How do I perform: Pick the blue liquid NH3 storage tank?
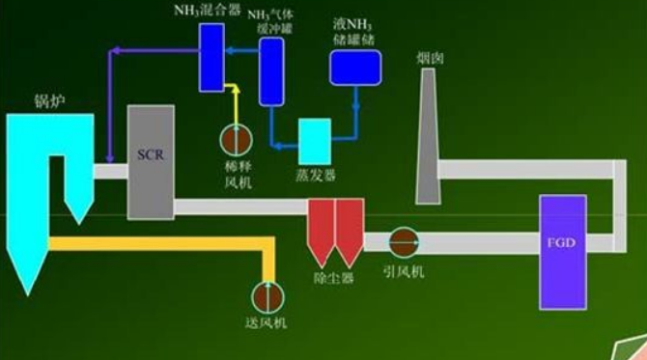355,66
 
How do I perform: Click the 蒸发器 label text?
315,176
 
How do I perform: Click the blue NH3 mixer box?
211,57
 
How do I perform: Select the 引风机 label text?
403,271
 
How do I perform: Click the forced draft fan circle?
266,295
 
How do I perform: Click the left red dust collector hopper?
321,232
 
